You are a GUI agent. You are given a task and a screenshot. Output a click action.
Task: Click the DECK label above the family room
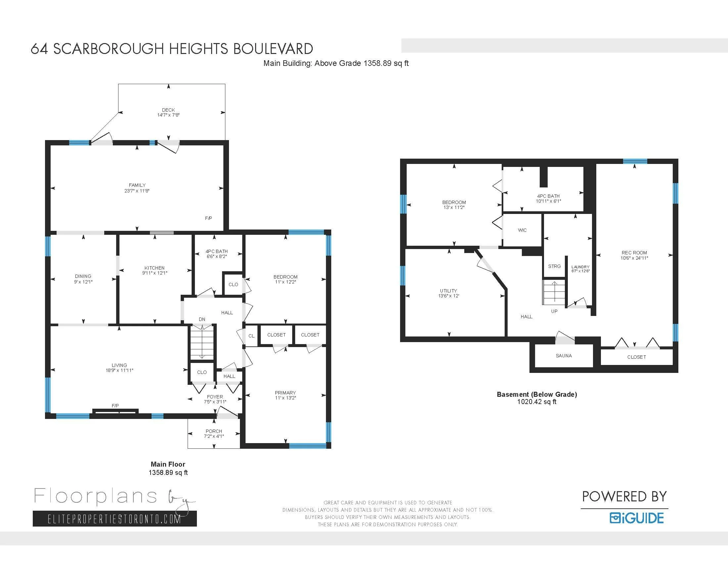pos(168,110)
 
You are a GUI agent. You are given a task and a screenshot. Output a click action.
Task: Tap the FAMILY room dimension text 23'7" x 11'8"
pos(137,191)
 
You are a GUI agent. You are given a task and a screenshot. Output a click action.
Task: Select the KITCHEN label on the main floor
pos(154,268)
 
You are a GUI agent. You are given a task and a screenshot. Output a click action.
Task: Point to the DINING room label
pos(83,276)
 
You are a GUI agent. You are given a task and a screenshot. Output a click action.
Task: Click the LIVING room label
pos(119,365)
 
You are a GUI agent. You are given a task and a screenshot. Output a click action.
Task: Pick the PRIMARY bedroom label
pos(285,392)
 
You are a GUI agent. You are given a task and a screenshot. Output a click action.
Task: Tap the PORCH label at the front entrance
pos(214,431)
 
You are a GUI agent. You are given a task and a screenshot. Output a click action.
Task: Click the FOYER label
pos(215,396)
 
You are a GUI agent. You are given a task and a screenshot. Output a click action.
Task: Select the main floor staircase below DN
pos(202,342)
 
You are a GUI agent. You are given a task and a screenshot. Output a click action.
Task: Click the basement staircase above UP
pos(554,292)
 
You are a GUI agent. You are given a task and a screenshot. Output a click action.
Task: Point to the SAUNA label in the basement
pos(564,356)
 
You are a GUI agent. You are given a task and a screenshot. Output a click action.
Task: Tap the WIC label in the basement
pos(522,230)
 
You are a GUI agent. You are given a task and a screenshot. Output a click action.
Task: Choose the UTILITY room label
pos(448,290)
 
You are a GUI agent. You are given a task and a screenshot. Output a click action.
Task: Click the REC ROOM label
pos(634,253)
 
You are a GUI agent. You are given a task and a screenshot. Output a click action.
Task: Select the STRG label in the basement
pos(554,266)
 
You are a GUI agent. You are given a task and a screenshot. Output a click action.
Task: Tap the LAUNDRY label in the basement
pos(580,267)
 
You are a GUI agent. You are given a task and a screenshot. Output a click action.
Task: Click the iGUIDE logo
pos(636,518)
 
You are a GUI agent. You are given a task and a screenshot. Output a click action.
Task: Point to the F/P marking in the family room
pos(208,218)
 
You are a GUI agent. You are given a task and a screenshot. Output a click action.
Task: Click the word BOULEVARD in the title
pos(273,49)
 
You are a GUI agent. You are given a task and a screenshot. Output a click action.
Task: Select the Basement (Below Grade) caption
pos(537,394)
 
